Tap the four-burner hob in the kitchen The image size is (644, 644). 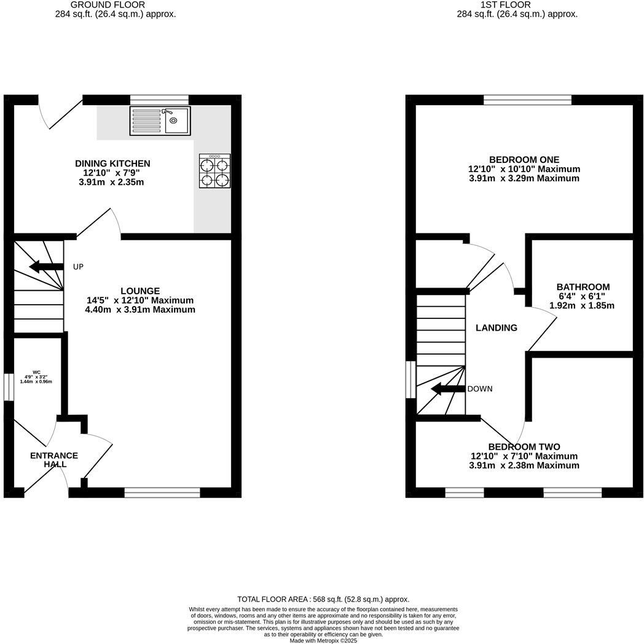click(214, 171)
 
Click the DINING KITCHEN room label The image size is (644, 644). click(112, 163)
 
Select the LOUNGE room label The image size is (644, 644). click(140, 291)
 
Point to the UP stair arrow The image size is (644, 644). click(47, 267)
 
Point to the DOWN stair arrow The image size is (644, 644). click(448, 389)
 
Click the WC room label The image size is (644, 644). click(36, 372)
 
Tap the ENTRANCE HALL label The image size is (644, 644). click(54, 460)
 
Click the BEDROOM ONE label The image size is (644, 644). click(524, 160)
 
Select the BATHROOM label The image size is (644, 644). click(583, 287)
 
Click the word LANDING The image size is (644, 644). click(497, 328)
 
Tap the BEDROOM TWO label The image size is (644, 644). click(524, 447)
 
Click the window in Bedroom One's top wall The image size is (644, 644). click(527, 100)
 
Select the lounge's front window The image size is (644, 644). click(162, 492)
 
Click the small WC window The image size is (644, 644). click(9, 387)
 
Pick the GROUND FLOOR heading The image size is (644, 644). click(116, 5)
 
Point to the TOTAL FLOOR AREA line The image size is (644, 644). click(323, 599)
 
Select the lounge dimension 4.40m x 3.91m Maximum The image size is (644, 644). click(140, 310)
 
